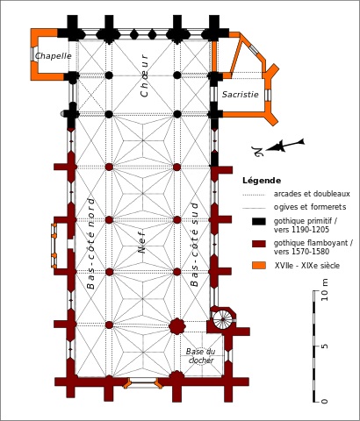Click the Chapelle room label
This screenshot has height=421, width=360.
click(x=54, y=56)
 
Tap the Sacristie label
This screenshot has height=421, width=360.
click(x=241, y=95)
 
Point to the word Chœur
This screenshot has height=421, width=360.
click(x=145, y=75)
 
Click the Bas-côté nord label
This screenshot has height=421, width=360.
click(x=91, y=244)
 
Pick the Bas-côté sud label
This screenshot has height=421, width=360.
click(x=194, y=244)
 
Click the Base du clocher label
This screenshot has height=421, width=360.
click(x=200, y=356)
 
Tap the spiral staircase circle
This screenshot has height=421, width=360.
click(x=222, y=319)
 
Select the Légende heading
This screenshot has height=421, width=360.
click(x=262, y=181)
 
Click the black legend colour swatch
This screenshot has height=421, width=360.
click(x=259, y=221)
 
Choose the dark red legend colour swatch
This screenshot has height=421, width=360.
click(x=259, y=244)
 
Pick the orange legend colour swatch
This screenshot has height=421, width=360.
click(x=259, y=266)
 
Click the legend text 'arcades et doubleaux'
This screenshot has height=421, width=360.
click(x=312, y=194)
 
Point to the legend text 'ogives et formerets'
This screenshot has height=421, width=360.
click(x=310, y=207)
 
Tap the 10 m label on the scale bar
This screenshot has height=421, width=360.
click(x=325, y=289)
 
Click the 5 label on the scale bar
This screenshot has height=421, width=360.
click(x=325, y=346)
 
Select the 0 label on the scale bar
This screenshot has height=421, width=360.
click(x=325, y=401)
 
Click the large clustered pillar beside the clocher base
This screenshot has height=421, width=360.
click(x=176, y=326)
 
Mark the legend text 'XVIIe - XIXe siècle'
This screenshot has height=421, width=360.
click(x=307, y=266)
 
